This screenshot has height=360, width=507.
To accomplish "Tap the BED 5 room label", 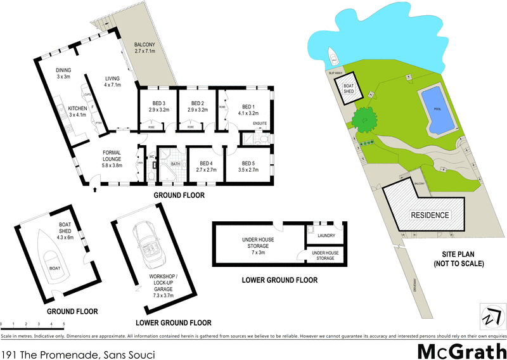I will pyautogui.click(x=248, y=166).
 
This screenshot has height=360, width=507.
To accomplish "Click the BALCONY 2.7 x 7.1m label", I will pyautogui.click(x=145, y=48).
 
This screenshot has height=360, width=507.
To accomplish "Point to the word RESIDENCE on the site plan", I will pyautogui.click(x=430, y=215).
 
